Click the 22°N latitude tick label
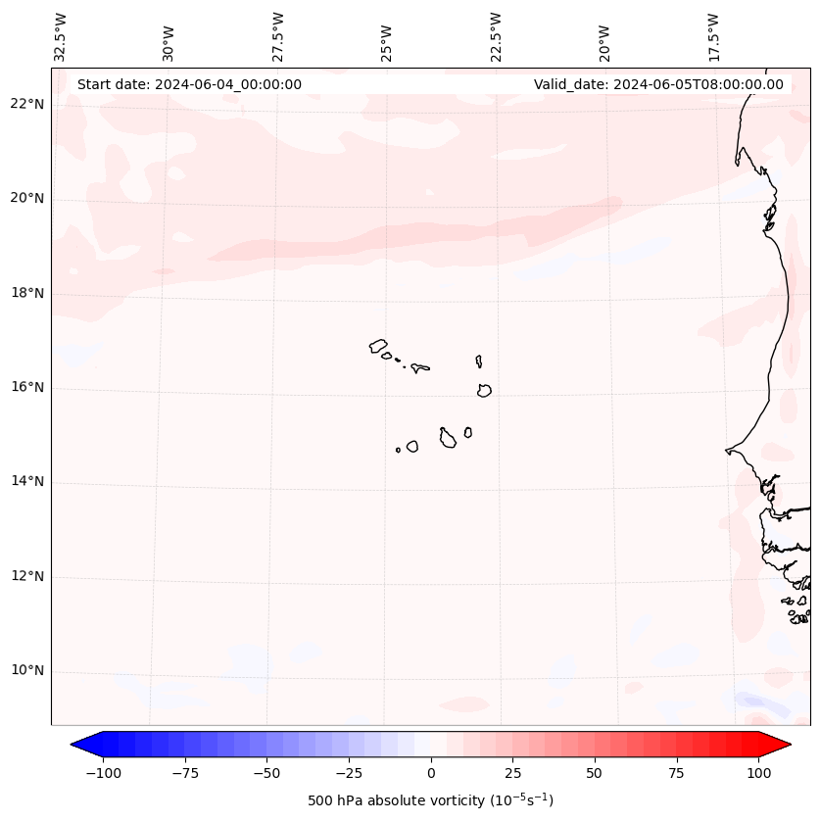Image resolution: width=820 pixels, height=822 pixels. click(26, 105)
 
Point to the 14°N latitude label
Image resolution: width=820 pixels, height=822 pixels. click(26, 482)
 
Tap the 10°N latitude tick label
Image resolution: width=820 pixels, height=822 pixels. click(26, 671)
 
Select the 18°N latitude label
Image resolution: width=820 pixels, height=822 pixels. click(26, 294)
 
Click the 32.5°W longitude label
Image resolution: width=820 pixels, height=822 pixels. click(61, 37)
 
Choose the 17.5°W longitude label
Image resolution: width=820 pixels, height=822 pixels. click(714, 37)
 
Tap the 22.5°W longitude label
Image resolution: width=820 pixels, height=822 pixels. click(497, 37)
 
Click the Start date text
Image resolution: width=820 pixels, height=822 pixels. click(189, 84)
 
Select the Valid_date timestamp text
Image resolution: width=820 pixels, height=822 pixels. click(658, 84)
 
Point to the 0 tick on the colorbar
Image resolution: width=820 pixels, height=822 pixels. click(431, 773)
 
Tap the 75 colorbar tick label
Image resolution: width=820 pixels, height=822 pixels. click(676, 773)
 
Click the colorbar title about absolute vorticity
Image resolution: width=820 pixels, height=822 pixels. click(431, 800)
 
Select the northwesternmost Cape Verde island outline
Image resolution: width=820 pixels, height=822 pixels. click(378, 346)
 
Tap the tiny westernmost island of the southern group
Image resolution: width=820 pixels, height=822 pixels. click(398, 450)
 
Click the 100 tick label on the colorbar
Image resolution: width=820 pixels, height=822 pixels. click(757, 773)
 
